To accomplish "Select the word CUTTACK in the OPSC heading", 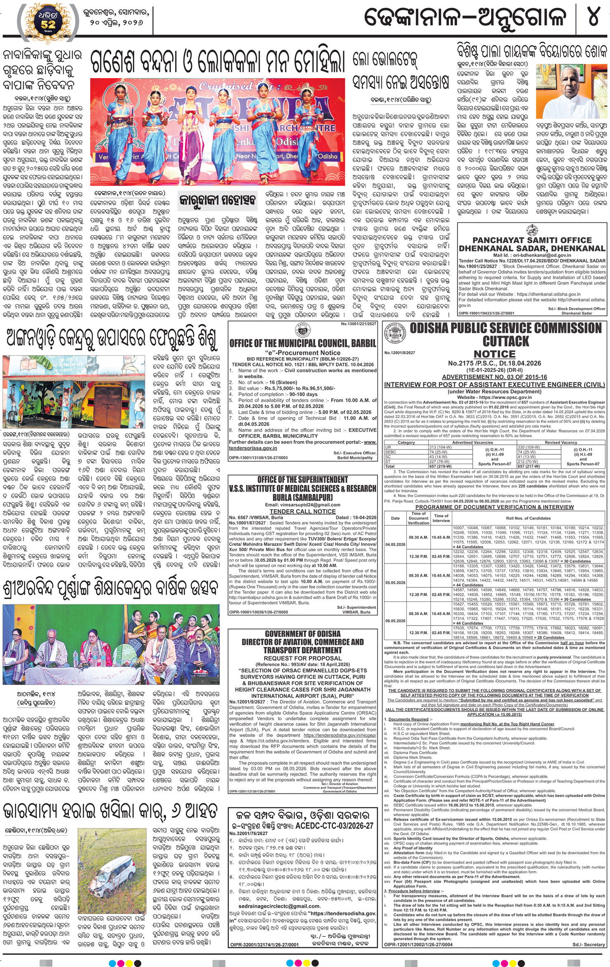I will [x=506, y=341].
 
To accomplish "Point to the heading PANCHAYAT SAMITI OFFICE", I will [x=532, y=240].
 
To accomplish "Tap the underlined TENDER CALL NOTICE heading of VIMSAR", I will [x=302, y=511].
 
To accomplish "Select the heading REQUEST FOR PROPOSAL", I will [x=303, y=658].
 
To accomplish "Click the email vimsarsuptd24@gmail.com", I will [x=303, y=504].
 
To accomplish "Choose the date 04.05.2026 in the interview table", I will [x=395, y=544].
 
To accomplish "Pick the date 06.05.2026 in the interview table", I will [x=395, y=621].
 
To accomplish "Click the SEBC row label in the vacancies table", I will [x=390, y=452].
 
